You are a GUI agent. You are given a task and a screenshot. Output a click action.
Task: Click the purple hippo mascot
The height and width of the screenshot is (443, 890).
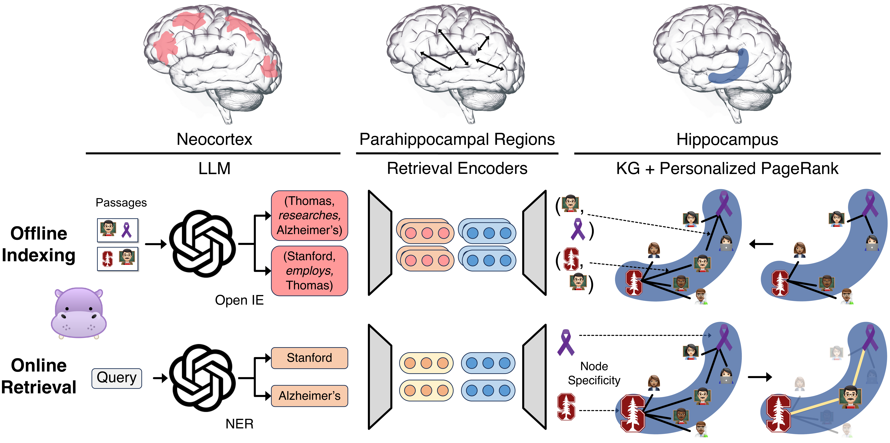pos(79,313)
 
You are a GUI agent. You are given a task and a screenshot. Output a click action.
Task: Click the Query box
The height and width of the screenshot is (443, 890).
pos(117,378)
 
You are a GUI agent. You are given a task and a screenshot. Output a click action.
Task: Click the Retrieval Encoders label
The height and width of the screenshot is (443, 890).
pos(457,169)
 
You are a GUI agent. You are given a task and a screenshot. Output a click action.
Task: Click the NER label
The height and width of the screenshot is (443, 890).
pos(239,424)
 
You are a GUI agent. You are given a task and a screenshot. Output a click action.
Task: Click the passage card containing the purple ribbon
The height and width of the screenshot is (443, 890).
pos(117,230)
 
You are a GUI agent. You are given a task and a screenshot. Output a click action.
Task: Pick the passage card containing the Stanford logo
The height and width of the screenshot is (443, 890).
pos(117,259)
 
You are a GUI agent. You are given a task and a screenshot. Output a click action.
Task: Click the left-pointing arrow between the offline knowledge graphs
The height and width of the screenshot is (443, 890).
pos(761,244)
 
